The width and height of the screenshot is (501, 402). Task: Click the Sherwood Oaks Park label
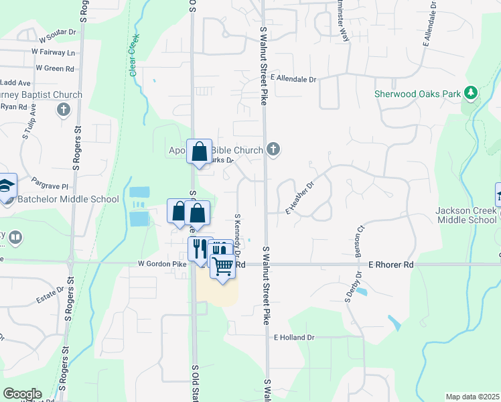pyautogui.click(x=417, y=94)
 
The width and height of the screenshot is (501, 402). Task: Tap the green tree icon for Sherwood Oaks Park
pyautogui.click(x=472, y=93)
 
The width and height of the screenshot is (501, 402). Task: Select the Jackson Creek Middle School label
pyautogui.click(x=466, y=215)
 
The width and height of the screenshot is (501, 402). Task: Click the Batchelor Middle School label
pyautogui.click(x=64, y=199)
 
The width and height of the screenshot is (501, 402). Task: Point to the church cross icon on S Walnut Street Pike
pyautogui.click(x=273, y=149)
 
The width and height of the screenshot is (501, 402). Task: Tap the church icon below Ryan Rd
pyautogui.click(x=64, y=109)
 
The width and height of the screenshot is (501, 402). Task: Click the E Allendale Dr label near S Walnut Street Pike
pyautogui.click(x=293, y=78)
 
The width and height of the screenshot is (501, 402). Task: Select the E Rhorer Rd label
pyautogui.click(x=391, y=265)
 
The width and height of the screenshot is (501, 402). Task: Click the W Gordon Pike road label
pyautogui.click(x=162, y=265)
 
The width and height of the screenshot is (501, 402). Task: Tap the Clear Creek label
pyautogui.click(x=133, y=54)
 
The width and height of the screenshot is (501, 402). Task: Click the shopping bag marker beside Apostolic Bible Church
pyautogui.click(x=199, y=151)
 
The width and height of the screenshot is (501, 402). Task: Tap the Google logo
pyautogui.click(x=22, y=394)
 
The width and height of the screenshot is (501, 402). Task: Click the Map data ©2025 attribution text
pyautogui.click(x=472, y=397)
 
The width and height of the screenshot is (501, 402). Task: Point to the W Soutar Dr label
pyautogui.click(x=60, y=40)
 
